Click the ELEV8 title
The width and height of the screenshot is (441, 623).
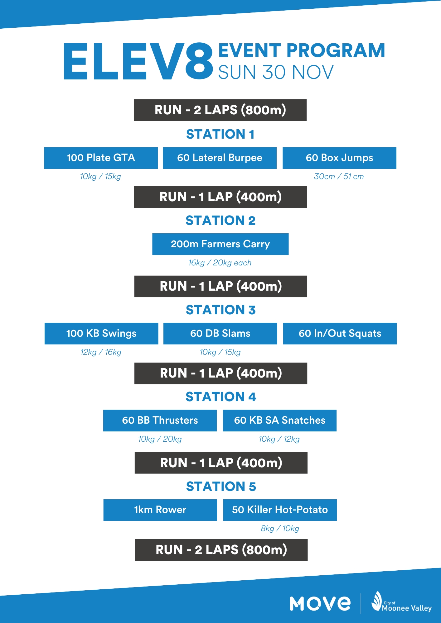point(138,61)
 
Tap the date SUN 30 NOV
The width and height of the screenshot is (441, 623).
point(276,72)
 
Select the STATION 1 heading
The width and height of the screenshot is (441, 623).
point(220,134)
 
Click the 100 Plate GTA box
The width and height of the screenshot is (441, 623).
point(101,158)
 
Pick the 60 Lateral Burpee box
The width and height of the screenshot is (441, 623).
point(220,158)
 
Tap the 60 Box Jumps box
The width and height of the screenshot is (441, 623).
point(339,158)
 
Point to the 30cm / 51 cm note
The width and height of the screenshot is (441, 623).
point(339,177)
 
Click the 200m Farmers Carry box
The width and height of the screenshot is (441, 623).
point(220,244)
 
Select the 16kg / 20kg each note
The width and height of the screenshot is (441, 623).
point(220,263)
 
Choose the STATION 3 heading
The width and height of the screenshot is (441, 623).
point(220,310)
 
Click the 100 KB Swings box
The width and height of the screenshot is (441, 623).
point(101,334)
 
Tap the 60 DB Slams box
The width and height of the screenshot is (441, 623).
point(220,334)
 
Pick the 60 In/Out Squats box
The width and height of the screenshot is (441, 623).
point(340,334)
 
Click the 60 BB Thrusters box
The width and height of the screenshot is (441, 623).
point(160,421)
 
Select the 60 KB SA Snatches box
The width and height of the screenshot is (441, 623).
point(279,421)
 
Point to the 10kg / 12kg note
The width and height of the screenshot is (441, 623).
point(279,439)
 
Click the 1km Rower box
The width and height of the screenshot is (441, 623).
point(160,510)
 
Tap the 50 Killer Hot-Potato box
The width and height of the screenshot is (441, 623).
point(280,510)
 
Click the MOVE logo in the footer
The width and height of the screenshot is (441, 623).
point(320,603)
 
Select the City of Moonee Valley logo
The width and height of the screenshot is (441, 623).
point(402,603)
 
